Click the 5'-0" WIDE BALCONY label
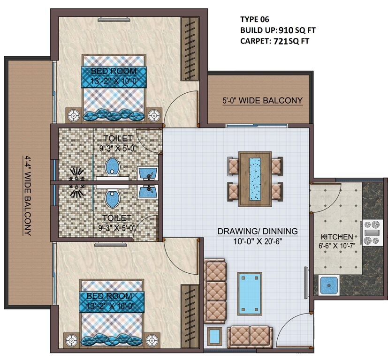point(262,101)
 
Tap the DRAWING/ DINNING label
point(257,231)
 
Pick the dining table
point(255,179)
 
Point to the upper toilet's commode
point(112,166)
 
